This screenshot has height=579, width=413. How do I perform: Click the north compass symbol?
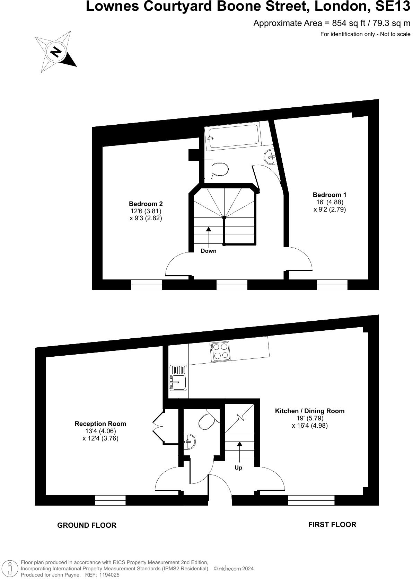[55, 52]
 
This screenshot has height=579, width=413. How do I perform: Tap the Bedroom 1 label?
[329, 195]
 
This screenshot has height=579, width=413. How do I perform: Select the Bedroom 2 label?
[146, 204]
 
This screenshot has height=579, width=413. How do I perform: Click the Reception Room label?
[100, 424]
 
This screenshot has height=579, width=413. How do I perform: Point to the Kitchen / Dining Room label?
[310, 411]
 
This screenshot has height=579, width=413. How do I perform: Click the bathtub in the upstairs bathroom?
[232, 137]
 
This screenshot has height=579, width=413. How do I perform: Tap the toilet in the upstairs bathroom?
[219, 169]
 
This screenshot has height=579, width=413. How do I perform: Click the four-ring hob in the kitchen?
[220, 351]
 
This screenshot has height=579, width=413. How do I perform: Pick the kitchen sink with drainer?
[178, 377]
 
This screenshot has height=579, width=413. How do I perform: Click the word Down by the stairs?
[209, 251]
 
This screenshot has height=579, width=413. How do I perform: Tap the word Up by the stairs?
[238, 468]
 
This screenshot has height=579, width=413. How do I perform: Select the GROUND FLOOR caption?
[87, 525]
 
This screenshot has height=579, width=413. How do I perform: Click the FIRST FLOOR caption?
[332, 525]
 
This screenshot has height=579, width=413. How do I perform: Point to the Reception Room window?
[110, 500]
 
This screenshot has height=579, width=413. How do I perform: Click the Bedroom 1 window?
[332, 284]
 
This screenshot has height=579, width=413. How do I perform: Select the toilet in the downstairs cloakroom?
[206, 421]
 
